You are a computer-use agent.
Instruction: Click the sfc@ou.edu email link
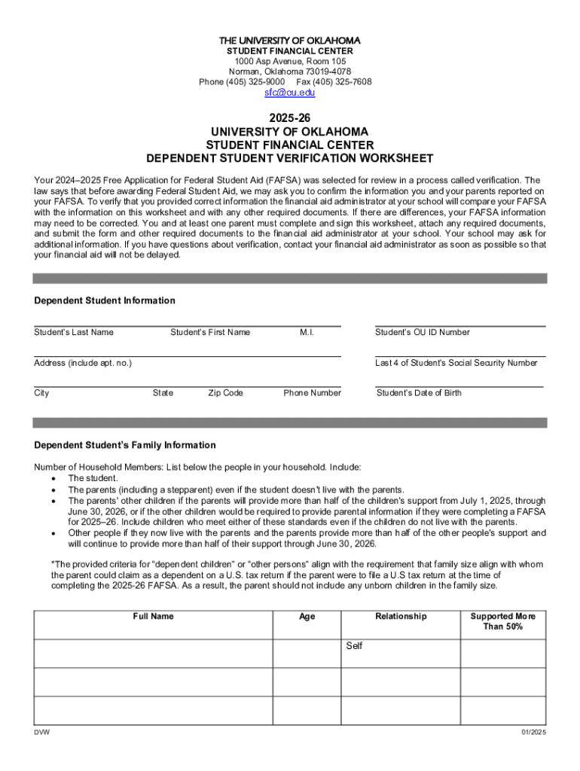click(x=289, y=93)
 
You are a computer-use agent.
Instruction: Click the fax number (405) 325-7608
click(x=346, y=82)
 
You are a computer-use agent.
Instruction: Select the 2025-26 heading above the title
click(x=290, y=118)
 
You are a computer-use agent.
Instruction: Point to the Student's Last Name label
click(x=74, y=332)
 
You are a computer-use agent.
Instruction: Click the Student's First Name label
click(x=210, y=332)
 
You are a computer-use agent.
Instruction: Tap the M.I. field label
click(x=307, y=332)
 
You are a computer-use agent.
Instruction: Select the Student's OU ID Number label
click(x=423, y=332)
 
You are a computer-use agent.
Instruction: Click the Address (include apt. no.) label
click(x=83, y=363)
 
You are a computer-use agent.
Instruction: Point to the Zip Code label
click(x=226, y=393)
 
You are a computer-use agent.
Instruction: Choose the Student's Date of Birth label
click(x=419, y=393)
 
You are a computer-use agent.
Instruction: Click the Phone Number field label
click(x=312, y=393)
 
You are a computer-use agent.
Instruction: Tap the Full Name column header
click(x=153, y=617)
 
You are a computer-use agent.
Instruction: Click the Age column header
click(x=307, y=617)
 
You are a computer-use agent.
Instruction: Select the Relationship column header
click(x=401, y=617)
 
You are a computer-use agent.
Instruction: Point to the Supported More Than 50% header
click(x=502, y=621)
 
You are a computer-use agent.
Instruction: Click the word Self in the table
click(x=354, y=646)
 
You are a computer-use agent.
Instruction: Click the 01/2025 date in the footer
click(x=533, y=733)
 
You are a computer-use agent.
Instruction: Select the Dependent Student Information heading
click(x=105, y=300)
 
